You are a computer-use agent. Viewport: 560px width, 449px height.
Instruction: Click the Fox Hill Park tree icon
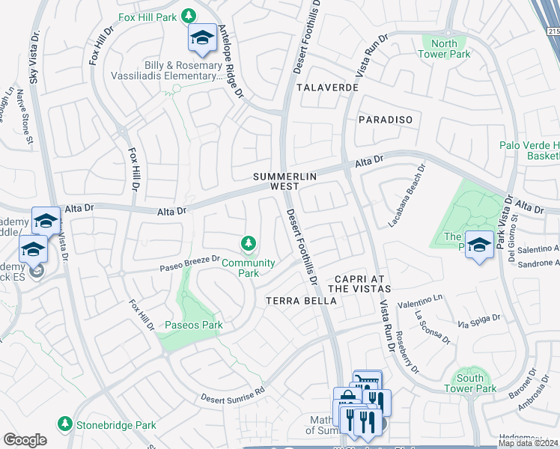point(189,16)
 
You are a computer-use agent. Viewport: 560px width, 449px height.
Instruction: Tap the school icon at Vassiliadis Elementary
point(201,38)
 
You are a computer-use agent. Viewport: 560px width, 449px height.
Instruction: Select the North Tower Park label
point(444,49)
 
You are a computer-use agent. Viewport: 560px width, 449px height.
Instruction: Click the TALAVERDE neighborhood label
point(327,88)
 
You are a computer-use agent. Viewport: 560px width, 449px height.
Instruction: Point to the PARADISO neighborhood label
point(385,119)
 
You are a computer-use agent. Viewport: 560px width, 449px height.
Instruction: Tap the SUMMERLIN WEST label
point(285,181)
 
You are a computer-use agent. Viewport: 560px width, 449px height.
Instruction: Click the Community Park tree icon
point(249,243)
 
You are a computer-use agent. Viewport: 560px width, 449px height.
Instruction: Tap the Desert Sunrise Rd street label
point(233,394)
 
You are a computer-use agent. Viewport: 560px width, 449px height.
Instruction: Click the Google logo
point(25,440)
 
